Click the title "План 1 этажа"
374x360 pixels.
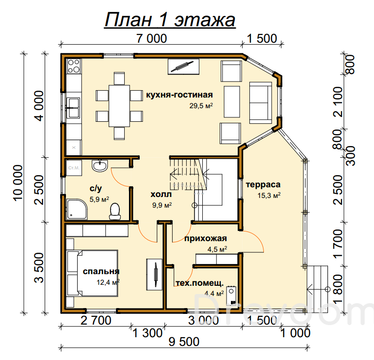click(x=170, y=20)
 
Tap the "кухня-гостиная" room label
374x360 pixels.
click(x=179, y=95)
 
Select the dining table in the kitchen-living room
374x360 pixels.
click(x=119, y=106)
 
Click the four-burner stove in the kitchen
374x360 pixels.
click(x=74, y=66)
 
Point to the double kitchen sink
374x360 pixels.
click(x=73, y=108)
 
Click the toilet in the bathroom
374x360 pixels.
click(x=115, y=211)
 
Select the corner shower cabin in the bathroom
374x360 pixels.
click(x=77, y=209)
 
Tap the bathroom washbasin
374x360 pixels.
click(x=100, y=165)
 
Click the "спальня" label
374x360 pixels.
click(x=101, y=271)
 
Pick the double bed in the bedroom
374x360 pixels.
click(x=92, y=273)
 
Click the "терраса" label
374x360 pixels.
click(x=263, y=185)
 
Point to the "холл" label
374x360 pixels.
click(x=161, y=195)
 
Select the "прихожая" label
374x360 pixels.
click(x=205, y=239)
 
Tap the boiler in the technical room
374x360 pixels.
click(x=231, y=295)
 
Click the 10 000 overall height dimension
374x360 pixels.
click(x=18, y=182)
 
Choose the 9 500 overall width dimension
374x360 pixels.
click(x=184, y=342)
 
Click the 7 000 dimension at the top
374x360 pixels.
click(x=151, y=38)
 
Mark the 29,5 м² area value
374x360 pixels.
click(x=201, y=105)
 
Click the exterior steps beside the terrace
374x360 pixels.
click(x=317, y=289)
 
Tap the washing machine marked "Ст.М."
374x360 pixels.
click(x=74, y=168)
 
